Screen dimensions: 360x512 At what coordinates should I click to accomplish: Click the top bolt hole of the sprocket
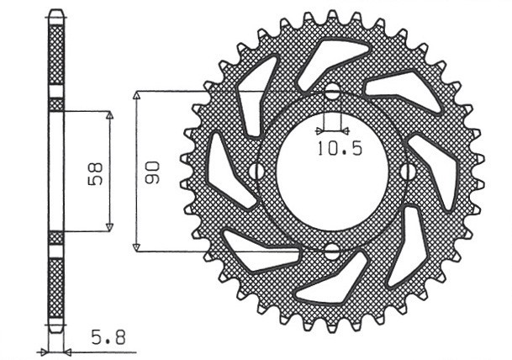332,92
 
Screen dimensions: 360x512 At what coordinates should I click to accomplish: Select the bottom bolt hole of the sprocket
332,251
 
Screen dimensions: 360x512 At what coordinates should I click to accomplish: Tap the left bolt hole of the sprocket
254,172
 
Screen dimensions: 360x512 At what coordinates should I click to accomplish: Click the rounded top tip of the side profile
55,15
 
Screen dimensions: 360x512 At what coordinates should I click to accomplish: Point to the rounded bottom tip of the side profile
55,327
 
